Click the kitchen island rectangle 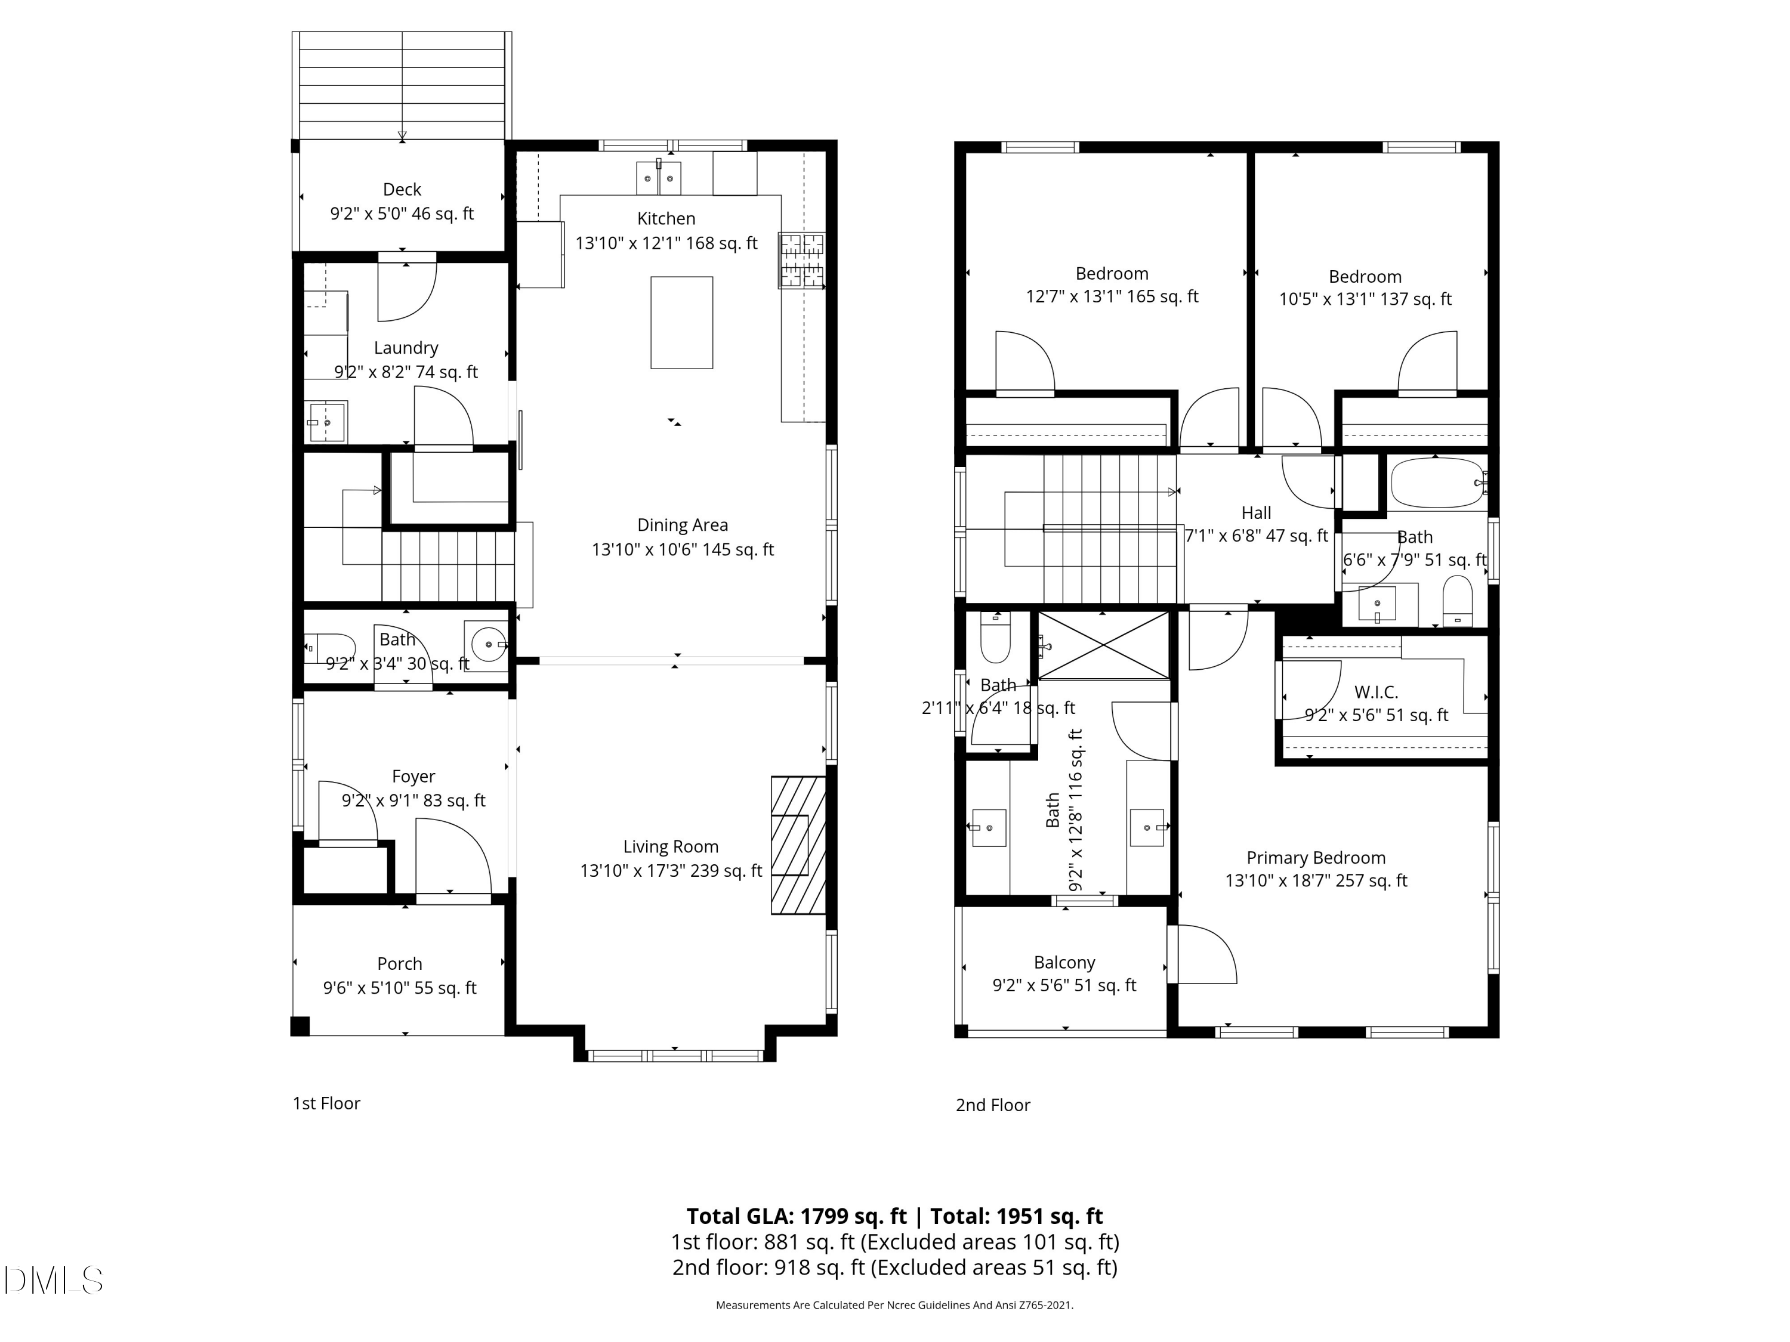click(681, 322)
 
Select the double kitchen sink click(658, 178)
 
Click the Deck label click(402, 189)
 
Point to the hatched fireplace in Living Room click(797, 845)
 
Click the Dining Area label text click(682, 525)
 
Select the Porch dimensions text click(400, 988)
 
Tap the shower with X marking click(1104, 645)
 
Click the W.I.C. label click(1376, 692)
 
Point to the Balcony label click(1064, 963)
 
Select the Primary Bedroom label click(1316, 858)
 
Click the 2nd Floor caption click(993, 1105)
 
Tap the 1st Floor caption click(326, 1103)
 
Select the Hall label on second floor click(1256, 513)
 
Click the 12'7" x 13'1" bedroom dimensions click(1112, 297)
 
